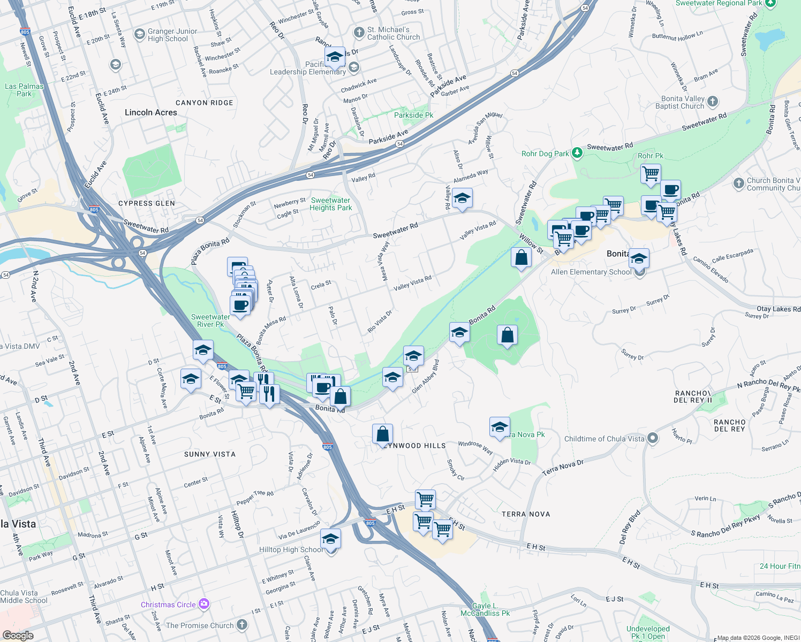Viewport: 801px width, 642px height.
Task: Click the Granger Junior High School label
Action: pyautogui.click(x=172, y=35)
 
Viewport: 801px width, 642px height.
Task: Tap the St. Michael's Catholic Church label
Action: pyautogui.click(x=394, y=34)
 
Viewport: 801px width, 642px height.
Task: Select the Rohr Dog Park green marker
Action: pyautogui.click(x=577, y=154)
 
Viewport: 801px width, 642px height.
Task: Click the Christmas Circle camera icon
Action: pyautogui.click(x=203, y=605)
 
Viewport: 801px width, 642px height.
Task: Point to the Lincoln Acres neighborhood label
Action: pyautogui.click(x=151, y=112)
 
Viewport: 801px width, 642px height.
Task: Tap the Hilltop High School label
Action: pyautogui.click(x=291, y=549)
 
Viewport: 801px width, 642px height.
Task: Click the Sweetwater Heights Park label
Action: pyautogui.click(x=331, y=204)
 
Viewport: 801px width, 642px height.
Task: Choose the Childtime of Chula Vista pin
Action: pyautogui.click(x=652, y=439)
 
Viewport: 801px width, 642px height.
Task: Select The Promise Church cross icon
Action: pyautogui.click(x=242, y=625)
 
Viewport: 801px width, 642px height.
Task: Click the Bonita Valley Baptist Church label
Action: pyautogui.click(x=679, y=102)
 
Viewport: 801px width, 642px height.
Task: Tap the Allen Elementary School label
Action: pyautogui.click(x=591, y=272)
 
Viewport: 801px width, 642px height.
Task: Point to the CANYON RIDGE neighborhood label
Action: pyautogui.click(x=205, y=103)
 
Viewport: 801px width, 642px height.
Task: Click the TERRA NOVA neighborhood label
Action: pyautogui.click(x=526, y=514)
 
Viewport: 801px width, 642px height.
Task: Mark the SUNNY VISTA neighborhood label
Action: pyautogui.click(x=210, y=454)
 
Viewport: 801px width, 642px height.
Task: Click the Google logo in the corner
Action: pyautogui.click(x=18, y=636)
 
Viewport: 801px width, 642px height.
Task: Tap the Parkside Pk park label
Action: pyautogui.click(x=413, y=115)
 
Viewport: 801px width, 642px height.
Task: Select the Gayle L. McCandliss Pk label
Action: pyautogui.click(x=485, y=609)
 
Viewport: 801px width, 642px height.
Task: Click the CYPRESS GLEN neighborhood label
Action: pyautogui.click(x=147, y=203)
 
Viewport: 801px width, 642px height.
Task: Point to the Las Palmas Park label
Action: pyautogui.click(x=24, y=90)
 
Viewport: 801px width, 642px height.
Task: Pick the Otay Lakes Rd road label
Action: pyautogui.click(x=778, y=309)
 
